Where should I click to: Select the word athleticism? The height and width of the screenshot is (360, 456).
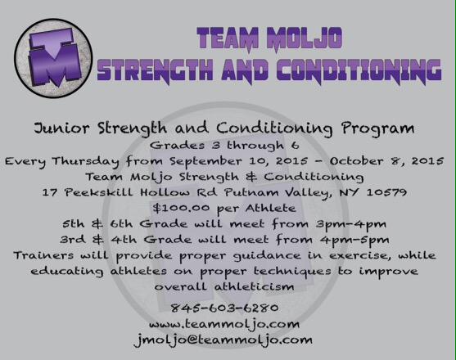pyautogui.click(x=246, y=286)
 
